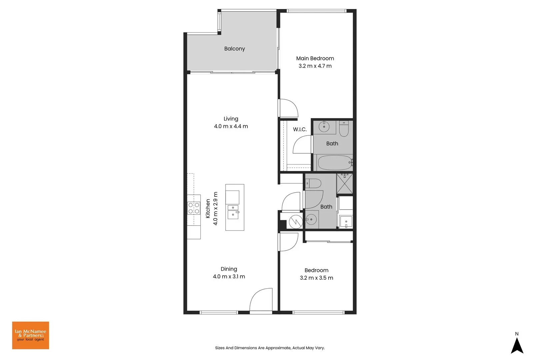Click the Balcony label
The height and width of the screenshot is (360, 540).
(234, 49)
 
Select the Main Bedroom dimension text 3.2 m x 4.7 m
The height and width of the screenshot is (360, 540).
(315, 66)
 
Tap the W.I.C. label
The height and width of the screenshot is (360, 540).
(300, 129)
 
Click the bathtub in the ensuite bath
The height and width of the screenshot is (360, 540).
(335, 163)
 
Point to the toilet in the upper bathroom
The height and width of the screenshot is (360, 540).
(344, 129)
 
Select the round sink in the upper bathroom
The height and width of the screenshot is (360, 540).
(324, 127)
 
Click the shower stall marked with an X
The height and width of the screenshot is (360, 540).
(345, 183)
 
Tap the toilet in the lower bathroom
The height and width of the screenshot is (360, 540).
(314, 183)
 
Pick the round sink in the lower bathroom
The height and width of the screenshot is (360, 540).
(311, 219)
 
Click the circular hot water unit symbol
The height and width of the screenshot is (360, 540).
(295, 221)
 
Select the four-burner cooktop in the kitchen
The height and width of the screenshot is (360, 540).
(194, 208)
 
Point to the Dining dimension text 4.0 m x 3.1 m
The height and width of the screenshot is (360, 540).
(229, 277)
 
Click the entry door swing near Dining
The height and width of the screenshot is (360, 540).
(261, 300)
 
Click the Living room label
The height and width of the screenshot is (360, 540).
(231, 119)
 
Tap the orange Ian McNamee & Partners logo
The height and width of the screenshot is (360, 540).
(31, 335)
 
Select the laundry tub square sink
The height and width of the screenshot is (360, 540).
(346, 221)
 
